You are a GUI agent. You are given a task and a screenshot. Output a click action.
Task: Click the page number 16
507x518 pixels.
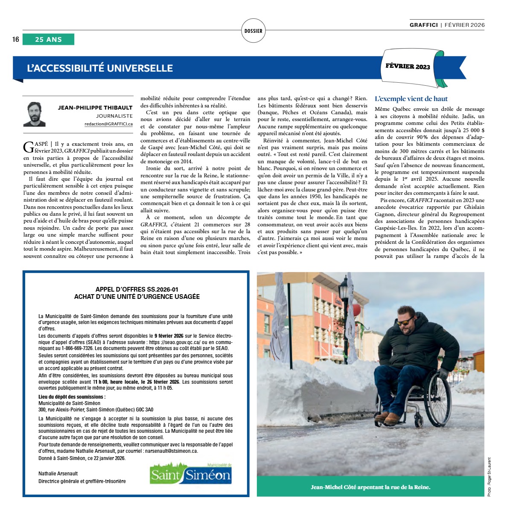tap(16, 40)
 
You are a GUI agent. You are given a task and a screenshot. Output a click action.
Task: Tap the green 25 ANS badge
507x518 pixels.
tap(48, 40)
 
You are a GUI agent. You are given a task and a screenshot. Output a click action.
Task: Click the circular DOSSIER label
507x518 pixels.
tap(253, 31)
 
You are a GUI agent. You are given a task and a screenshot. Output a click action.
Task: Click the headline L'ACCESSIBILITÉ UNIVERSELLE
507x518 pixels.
tap(100, 68)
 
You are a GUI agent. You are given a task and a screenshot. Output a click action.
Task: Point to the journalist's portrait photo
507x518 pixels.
tap(34, 114)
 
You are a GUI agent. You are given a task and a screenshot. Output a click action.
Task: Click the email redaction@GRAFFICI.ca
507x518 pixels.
tap(108, 124)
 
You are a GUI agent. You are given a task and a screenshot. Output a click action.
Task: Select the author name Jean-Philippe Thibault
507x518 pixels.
tap(95, 107)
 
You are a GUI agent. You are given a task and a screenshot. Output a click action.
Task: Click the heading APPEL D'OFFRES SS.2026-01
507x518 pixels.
tap(137, 289)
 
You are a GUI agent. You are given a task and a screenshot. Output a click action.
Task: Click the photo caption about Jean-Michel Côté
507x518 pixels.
tap(370, 487)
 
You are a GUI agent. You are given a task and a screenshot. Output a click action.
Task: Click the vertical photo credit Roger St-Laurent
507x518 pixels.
tap(489, 477)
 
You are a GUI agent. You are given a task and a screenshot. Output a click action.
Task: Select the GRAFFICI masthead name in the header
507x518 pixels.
tap(423, 25)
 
